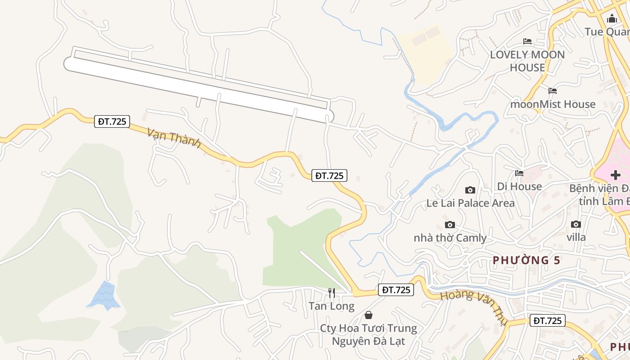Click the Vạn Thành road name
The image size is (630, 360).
174,137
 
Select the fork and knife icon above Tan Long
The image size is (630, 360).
332,293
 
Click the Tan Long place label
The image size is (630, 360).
332,306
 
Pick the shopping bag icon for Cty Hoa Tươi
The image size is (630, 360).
369,315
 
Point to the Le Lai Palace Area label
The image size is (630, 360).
470,203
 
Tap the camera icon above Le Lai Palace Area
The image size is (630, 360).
470,190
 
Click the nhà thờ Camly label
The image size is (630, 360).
450,238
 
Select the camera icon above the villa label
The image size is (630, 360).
576,224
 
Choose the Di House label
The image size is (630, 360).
519,186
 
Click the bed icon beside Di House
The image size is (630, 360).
519,173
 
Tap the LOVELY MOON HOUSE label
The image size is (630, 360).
527,61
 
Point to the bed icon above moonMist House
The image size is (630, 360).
553,91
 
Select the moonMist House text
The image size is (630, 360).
553,104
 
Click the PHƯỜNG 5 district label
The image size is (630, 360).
526,260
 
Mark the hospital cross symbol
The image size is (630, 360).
615,175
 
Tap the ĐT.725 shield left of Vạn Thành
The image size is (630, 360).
112,121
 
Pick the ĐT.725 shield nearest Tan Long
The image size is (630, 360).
396,290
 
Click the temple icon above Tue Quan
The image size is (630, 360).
612,19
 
